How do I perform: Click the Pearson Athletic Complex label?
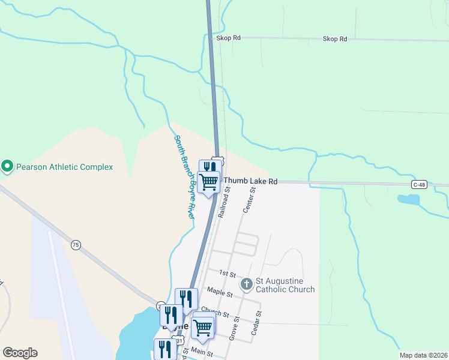click(x=64, y=167)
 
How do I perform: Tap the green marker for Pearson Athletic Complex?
click(x=7, y=166)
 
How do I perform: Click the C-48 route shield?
click(x=419, y=184)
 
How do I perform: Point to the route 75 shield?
click(x=75, y=245)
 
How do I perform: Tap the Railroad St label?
click(x=224, y=205)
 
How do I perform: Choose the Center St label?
click(x=249, y=200)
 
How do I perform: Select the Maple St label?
click(x=220, y=293)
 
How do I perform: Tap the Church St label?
click(x=215, y=313)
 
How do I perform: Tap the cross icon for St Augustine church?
click(x=246, y=283)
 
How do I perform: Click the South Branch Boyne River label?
click(x=184, y=176)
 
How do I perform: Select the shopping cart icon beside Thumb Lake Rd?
click(x=209, y=181)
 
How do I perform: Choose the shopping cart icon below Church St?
click(x=203, y=328)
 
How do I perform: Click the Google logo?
click(x=20, y=353)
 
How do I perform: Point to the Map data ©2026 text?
click(x=423, y=355)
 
